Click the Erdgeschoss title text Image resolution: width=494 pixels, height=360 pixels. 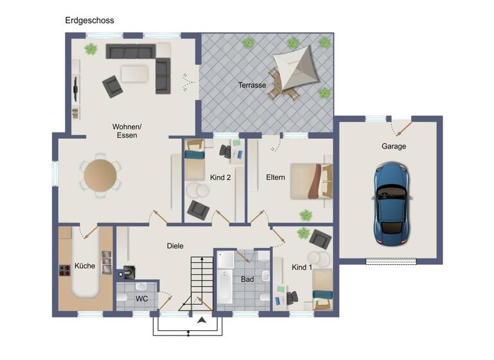(89, 20)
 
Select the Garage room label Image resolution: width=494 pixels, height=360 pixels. (394, 147)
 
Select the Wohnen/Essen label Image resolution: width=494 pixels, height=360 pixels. (127, 131)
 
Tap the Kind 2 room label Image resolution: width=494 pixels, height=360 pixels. (220, 177)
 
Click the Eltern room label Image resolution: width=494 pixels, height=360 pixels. (275, 177)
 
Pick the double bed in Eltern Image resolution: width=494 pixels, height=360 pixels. (311, 181)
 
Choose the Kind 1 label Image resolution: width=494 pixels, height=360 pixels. (302, 267)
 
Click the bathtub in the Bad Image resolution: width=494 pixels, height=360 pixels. (225, 286)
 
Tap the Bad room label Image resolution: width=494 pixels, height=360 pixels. (248, 280)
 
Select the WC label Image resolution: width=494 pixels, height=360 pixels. (142, 299)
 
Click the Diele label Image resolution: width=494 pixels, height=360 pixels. (175, 246)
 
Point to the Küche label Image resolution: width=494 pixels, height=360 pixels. (85, 265)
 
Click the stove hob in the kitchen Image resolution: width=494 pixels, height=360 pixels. (64, 271)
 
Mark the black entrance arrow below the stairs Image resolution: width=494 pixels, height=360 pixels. (202, 319)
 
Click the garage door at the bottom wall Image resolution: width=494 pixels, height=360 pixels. (391, 261)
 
